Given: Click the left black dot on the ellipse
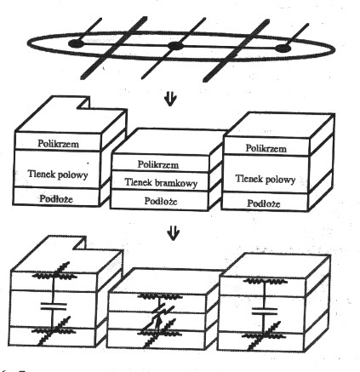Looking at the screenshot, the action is click(x=76, y=43).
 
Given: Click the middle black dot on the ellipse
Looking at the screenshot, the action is click(x=175, y=46).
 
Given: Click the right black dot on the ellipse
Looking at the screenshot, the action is click(x=283, y=49).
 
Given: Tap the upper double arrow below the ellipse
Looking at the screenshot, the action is click(x=170, y=100).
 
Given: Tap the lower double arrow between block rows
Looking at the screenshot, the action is click(x=173, y=232).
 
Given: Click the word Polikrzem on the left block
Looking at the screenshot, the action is click(x=58, y=144).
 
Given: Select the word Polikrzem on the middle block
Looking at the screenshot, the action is click(x=158, y=164).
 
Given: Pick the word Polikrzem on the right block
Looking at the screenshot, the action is click(x=266, y=148).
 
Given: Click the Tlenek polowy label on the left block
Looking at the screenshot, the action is click(x=58, y=174).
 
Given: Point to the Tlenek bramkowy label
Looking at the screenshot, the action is click(x=161, y=182).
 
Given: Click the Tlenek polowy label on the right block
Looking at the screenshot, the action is click(x=266, y=179).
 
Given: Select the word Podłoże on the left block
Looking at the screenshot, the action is click(x=56, y=198).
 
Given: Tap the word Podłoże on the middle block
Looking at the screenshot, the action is click(x=161, y=201).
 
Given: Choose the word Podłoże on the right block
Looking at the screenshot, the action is click(x=264, y=203).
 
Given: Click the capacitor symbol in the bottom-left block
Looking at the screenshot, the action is click(x=54, y=306).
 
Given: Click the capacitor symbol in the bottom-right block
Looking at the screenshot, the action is click(x=265, y=311).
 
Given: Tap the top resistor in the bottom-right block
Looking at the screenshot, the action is click(x=266, y=282).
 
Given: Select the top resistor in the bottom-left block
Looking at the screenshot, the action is click(x=54, y=275).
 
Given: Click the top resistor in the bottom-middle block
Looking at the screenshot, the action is click(x=159, y=297).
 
